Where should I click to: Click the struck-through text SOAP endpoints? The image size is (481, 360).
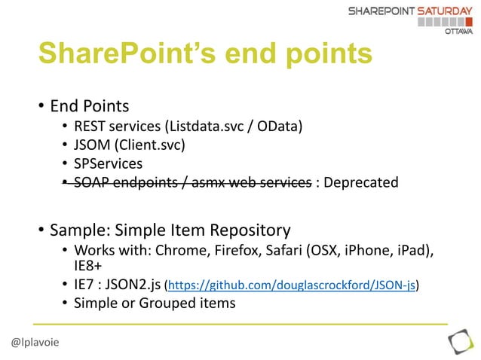(x=124, y=182)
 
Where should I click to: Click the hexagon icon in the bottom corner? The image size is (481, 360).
(x=460, y=343)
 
